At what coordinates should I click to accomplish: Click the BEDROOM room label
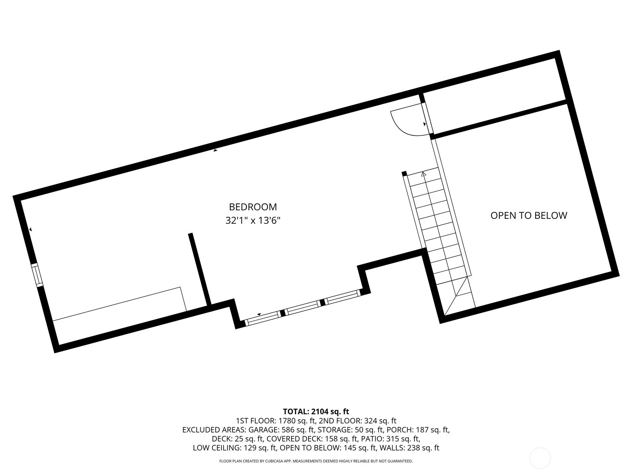point(253,207)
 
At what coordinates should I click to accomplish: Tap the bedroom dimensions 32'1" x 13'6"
point(253,221)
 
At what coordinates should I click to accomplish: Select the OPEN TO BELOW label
point(529,216)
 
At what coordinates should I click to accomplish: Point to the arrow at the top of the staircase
point(423,174)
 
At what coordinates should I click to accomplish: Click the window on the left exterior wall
point(37,275)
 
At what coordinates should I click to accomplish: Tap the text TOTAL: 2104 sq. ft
point(316,412)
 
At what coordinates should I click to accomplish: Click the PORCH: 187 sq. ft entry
point(418,430)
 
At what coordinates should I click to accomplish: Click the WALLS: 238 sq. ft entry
point(410,448)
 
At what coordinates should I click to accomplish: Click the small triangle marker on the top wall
point(215,150)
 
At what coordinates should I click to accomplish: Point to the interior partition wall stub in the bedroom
point(199,269)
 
